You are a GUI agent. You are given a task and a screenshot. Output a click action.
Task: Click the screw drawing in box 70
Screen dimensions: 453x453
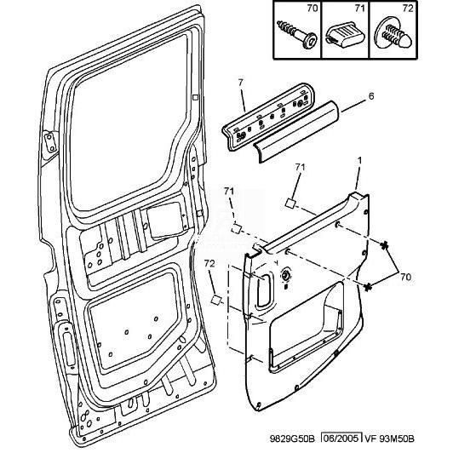(x=296, y=34)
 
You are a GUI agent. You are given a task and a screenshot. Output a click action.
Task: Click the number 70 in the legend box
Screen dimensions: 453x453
(x=312, y=9)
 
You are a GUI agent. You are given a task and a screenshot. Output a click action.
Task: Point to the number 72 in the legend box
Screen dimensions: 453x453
(x=408, y=9)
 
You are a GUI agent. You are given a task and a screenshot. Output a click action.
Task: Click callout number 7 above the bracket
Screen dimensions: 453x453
(x=241, y=83)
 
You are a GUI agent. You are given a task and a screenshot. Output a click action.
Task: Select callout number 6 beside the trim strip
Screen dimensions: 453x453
(x=371, y=96)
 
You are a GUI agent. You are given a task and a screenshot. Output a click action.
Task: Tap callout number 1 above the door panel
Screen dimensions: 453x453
(x=359, y=161)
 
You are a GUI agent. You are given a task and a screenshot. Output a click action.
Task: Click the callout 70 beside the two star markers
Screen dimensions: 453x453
(x=405, y=277)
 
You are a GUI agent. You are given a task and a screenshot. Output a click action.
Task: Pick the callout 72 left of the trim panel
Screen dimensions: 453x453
(x=210, y=263)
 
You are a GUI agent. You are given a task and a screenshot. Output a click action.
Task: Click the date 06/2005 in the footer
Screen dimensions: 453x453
(x=342, y=439)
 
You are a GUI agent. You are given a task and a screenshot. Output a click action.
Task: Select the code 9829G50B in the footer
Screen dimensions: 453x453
(x=292, y=439)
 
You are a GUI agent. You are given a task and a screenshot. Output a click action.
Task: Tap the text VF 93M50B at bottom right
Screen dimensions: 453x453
(x=389, y=439)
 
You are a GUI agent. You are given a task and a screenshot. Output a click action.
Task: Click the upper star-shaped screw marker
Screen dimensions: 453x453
(x=384, y=246)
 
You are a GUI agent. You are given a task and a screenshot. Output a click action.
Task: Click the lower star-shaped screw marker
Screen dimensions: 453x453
(x=368, y=287)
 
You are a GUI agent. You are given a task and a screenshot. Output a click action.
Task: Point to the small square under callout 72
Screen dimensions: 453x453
(x=215, y=300)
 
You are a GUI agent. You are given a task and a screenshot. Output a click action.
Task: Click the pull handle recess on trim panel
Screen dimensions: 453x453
(x=263, y=290)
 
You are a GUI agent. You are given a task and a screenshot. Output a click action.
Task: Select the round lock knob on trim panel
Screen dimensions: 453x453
(x=285, y=276)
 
